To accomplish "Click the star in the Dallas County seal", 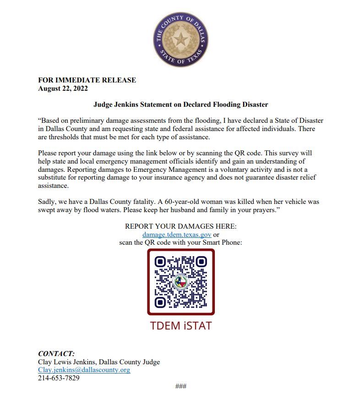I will tap(180, 38).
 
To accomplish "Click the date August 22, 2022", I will tap(63, 88).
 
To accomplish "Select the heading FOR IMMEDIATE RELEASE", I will tap(87, 80).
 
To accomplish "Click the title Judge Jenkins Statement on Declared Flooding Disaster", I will tap(180, 104).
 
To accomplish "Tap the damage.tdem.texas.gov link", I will tap(176, 234).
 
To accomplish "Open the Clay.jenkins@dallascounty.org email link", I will tap(84, 370).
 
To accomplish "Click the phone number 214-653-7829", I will tap(59, 378).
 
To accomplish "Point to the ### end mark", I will tap(180, 386).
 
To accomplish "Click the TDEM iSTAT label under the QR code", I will tap(180, 326).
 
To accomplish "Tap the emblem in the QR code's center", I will tap(180, 282).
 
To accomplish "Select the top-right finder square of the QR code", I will tap(201, 262).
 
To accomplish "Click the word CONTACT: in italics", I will tap(56, 354).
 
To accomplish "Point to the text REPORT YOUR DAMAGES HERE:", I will tap(180, 226).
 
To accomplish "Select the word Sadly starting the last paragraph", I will tap(47, 202).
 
